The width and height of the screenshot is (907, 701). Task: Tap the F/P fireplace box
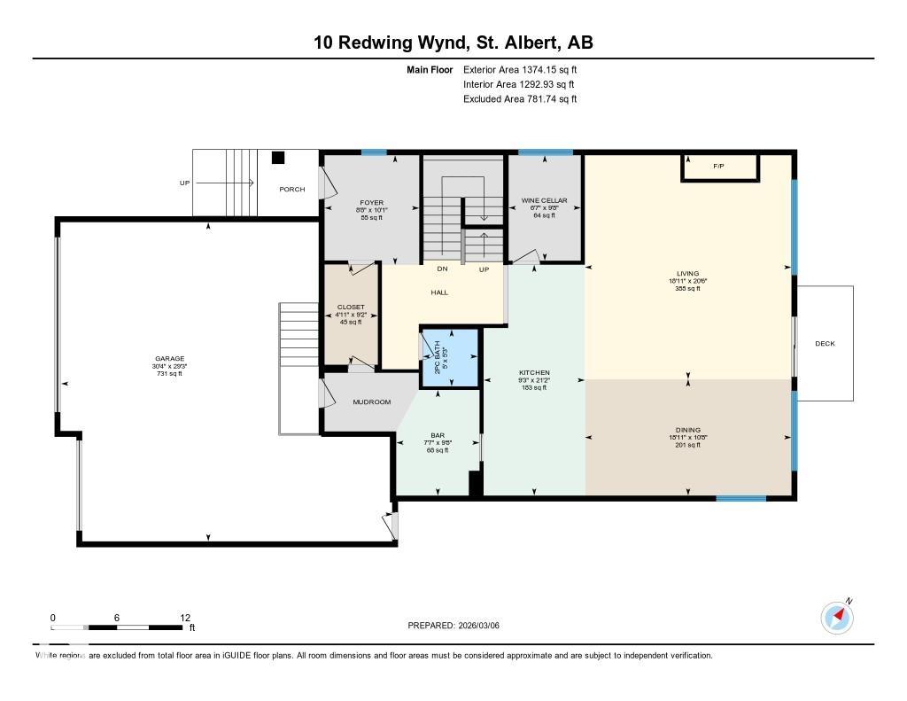720,167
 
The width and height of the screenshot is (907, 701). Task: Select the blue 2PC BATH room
449,358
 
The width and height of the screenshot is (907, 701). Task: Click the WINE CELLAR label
544,201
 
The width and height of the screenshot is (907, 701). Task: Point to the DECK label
825,344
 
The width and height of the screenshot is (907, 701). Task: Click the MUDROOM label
371,402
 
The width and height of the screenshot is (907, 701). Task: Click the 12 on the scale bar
185,618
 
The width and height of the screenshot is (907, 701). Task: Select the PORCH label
292,189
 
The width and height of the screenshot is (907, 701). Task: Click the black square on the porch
277,158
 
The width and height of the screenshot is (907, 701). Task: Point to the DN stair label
441,269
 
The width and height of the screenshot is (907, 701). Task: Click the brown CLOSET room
351,315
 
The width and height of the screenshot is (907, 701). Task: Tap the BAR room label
438,435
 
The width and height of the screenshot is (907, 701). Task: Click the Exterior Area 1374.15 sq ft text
520,69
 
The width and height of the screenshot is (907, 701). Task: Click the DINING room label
687,430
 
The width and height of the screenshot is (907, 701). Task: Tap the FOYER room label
371,203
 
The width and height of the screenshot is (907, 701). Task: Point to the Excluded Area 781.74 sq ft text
520,99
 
